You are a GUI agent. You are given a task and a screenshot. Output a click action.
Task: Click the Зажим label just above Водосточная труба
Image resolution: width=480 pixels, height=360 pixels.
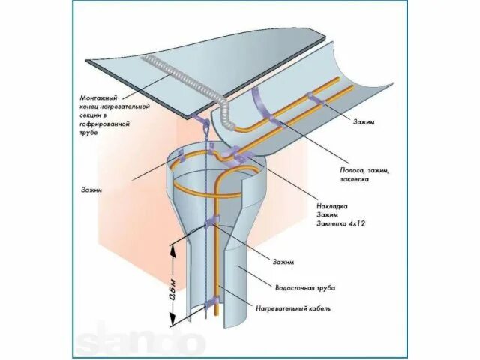[283, 261]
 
